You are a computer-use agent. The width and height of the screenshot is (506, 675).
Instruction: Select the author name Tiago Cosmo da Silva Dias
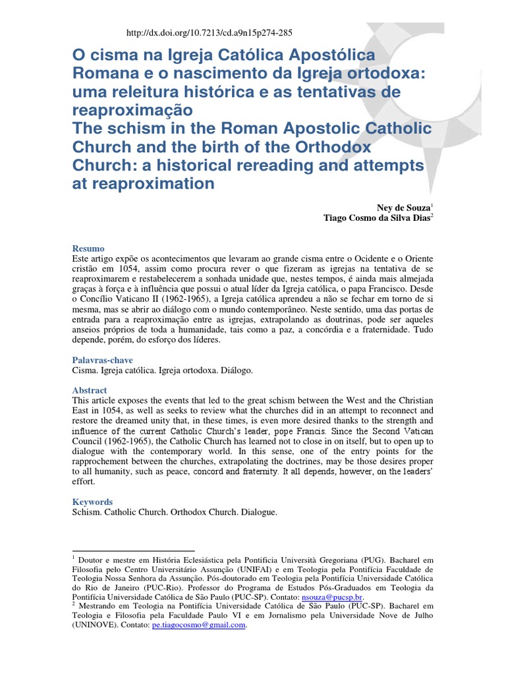pyautogui.click(x=377, y=217)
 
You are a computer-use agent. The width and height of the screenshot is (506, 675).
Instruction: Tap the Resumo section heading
pyautogui.click(x=88, y=249)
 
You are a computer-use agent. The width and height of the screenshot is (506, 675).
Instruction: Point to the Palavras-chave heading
pyautogui.click(x=102, y=361)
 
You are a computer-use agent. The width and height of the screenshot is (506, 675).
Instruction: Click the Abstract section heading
pyautogui.click(x=90, y=390)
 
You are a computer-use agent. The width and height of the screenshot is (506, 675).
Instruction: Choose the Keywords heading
pyautogui.click(x=92, y=502)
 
